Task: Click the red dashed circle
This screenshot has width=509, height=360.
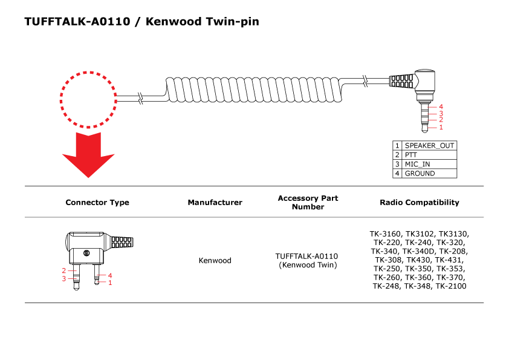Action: point(88,100)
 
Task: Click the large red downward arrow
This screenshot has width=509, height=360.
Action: point(88,154)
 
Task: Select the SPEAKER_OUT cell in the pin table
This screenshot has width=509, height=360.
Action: point(429,146)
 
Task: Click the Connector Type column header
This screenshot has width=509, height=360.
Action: point(97,203)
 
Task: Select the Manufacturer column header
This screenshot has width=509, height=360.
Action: point(215,203)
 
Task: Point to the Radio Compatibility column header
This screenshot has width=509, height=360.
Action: point(419,203)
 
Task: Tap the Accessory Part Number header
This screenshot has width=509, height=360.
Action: point(308,203)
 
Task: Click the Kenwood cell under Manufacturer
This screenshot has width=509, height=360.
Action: point(215,261)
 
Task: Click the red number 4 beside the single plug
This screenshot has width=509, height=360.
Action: point(441,106)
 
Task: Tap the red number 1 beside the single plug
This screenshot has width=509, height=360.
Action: point(441,127)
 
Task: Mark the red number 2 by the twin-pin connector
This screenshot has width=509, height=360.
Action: point(63,270)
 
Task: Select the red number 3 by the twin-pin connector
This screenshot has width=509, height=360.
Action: point(63,279)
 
